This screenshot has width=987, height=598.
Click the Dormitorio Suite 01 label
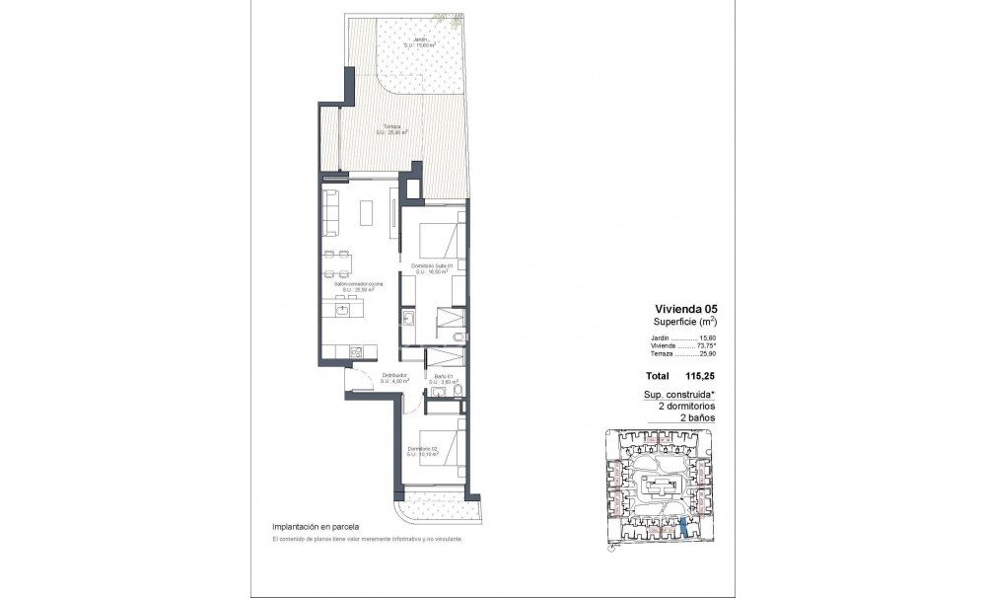[432, 267]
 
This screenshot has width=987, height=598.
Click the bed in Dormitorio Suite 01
[438, 242]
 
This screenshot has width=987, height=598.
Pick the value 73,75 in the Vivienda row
[705, 346]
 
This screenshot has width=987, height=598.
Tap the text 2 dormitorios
[686, 406]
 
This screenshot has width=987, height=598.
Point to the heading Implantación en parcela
[316, 528]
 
